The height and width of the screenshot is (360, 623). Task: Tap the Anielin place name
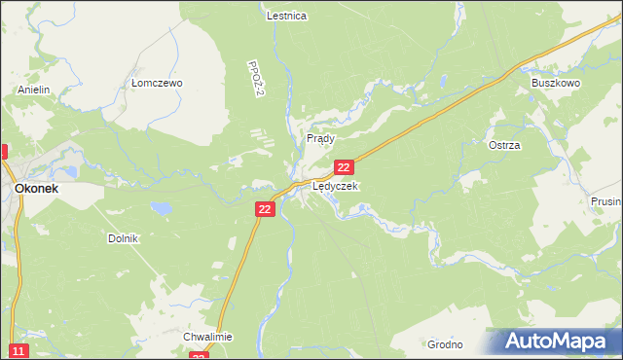[x=33, y=90]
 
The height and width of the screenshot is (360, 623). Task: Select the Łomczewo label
[x=157, y=84]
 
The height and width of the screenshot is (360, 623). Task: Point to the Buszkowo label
[x=555, y=84]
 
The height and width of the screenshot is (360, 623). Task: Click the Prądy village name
[x=320, y=139]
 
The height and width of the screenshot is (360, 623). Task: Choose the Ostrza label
[x=504, y=145]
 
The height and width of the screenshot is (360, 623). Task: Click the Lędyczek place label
[x=335, y=186]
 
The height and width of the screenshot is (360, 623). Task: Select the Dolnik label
[x=124, y=238]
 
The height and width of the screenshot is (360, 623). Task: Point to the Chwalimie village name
[x=207, y=337]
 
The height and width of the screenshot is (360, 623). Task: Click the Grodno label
[x=445, y=344]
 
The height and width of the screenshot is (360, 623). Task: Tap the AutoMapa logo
[x=554, y=341]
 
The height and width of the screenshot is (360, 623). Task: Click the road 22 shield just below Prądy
[x=343, y=168]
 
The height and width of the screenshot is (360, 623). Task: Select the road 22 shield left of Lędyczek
[x=266, y=209]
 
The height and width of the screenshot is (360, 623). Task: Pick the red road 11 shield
[x=18, y=350]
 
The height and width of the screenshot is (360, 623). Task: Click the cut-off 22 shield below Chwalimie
[x=199, y=356]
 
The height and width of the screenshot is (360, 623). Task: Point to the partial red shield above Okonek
[x=3, y=152]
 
